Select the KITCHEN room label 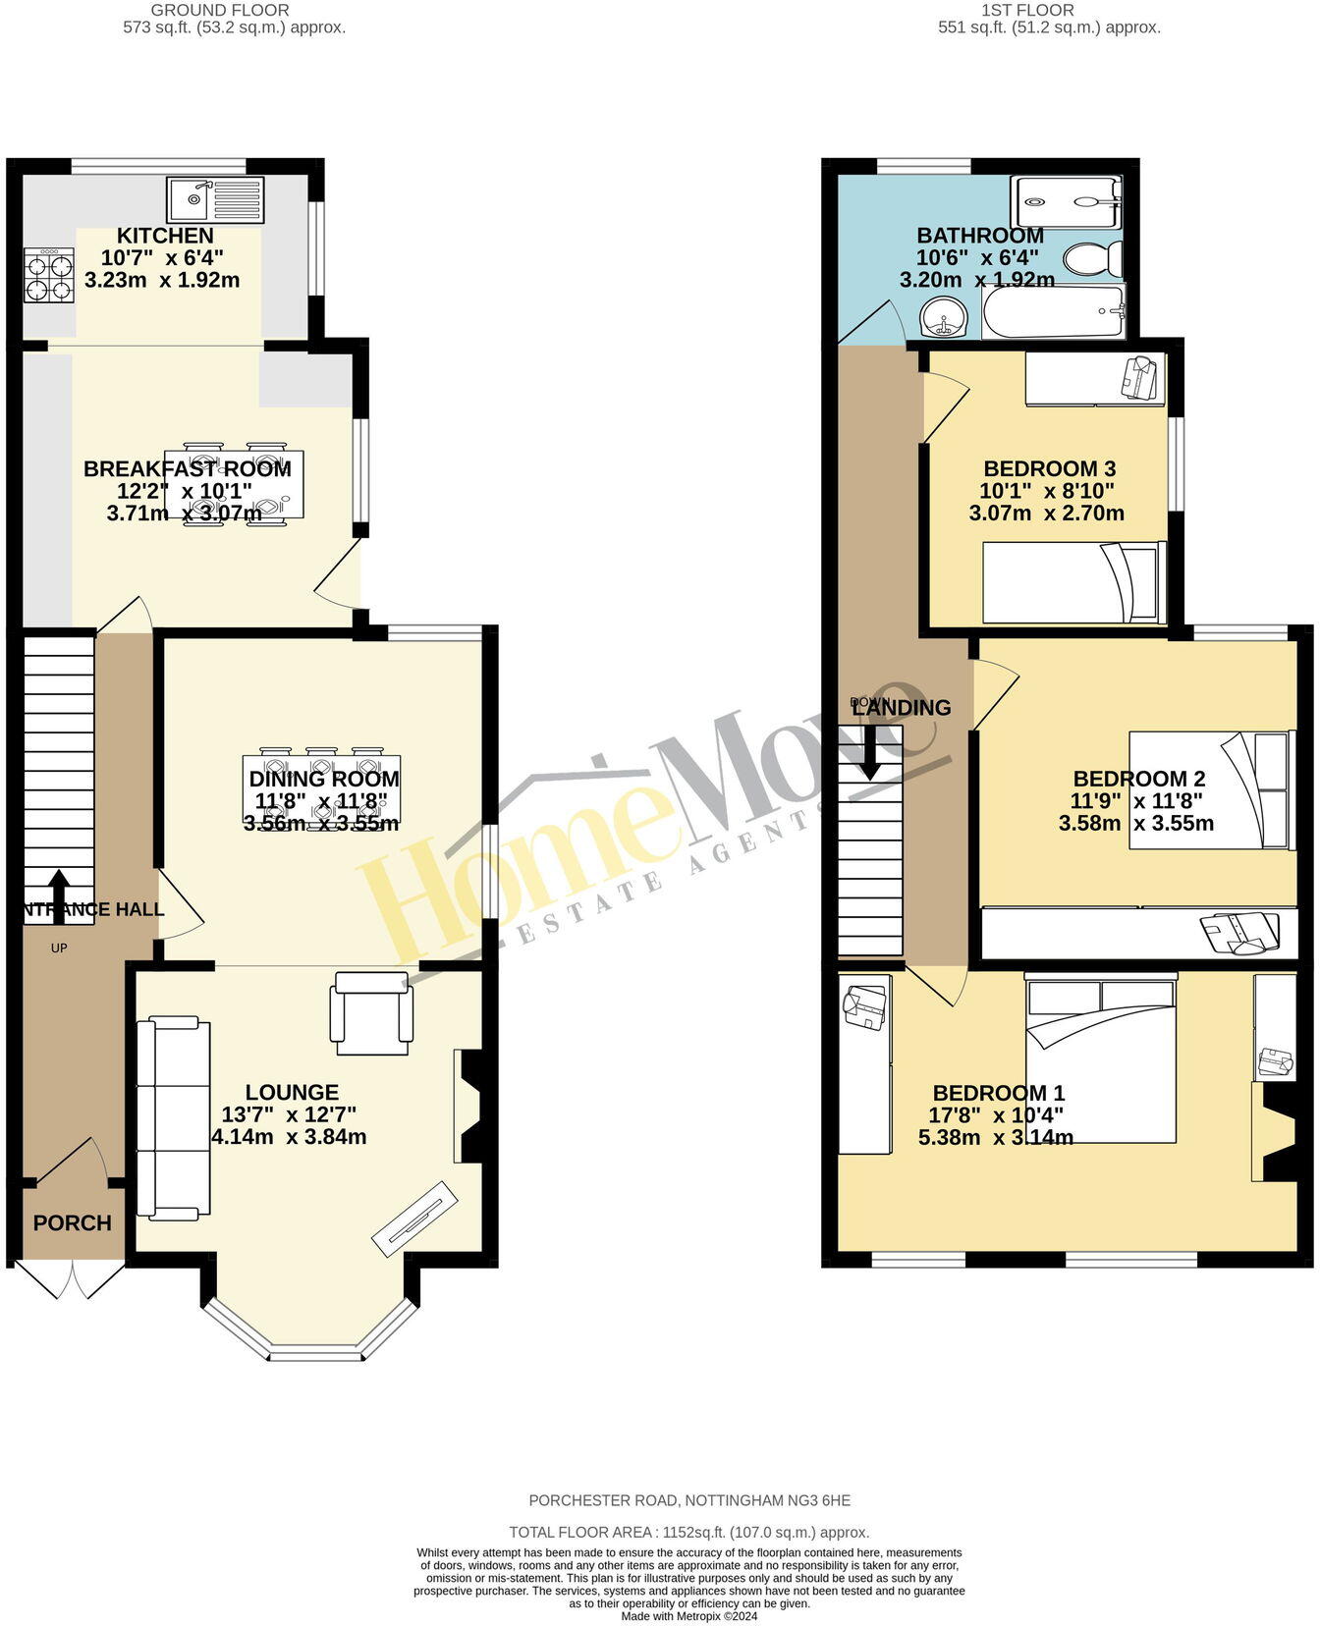coord(165,236)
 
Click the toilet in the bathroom coord(1093,260)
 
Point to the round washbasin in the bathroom coord(945,317)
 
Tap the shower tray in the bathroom coord(1066,203)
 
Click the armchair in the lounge coord(372,1012)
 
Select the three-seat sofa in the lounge coord(173,1118)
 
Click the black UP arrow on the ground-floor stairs coord(59,895)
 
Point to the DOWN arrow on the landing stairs coord(869,753)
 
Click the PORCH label coord(73,1222)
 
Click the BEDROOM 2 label coord(1138,779)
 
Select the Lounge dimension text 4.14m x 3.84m coord(289,1137)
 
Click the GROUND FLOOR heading coord(233,10)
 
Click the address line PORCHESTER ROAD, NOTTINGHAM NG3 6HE coord(689,1500)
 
